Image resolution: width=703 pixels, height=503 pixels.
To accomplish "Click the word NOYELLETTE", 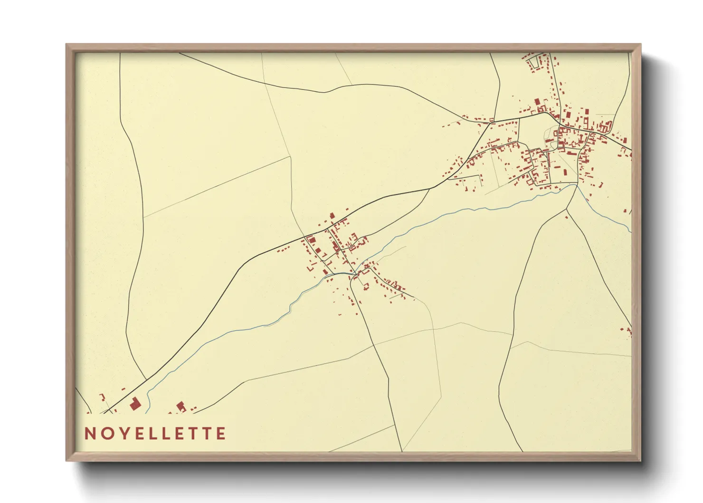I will (155, 434).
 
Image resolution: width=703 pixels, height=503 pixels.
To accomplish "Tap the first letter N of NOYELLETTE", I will (90, 434).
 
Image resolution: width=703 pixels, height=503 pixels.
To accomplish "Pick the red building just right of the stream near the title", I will (180, 406).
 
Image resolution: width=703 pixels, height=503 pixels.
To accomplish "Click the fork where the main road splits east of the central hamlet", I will (430, 189).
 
